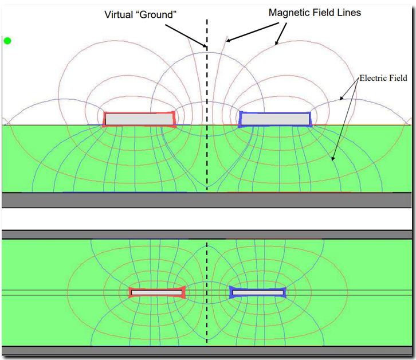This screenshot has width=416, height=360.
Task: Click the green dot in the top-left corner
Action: coord(7,41)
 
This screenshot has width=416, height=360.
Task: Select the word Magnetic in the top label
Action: coord(289,12)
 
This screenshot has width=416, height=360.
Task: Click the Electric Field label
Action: coord(382,78)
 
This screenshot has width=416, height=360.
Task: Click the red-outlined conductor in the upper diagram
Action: coord(139,119)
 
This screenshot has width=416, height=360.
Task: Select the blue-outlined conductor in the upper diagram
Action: coord(274,119)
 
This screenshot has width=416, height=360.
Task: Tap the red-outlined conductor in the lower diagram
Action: coord(156,292)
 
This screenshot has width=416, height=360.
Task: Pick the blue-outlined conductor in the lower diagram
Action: coord(257,292)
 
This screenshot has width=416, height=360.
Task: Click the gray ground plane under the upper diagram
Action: coord(207,199)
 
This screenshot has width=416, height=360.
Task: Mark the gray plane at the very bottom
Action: coord(207,351)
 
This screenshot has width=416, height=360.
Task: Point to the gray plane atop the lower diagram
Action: coord(207,234)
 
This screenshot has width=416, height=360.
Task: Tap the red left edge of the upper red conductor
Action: coord(105,119)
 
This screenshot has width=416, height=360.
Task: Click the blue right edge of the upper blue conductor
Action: coord(309,119)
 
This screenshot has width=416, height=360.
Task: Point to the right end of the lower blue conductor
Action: coord(284,292)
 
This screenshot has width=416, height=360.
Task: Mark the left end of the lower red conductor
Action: coord(130,292)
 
